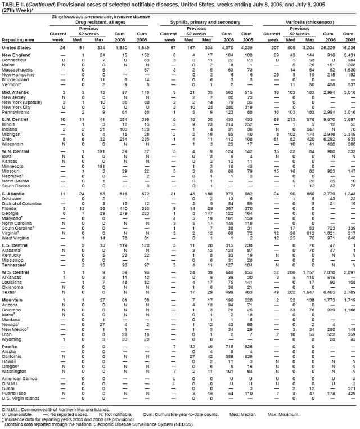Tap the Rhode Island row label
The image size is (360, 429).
pyautogui.click(x=16, y=79)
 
